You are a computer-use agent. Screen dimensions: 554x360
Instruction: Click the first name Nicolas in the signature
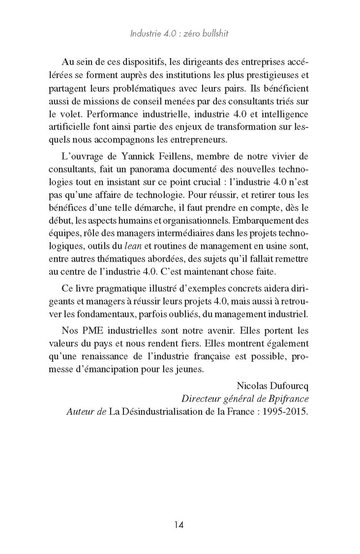click(x=250, y=385)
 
